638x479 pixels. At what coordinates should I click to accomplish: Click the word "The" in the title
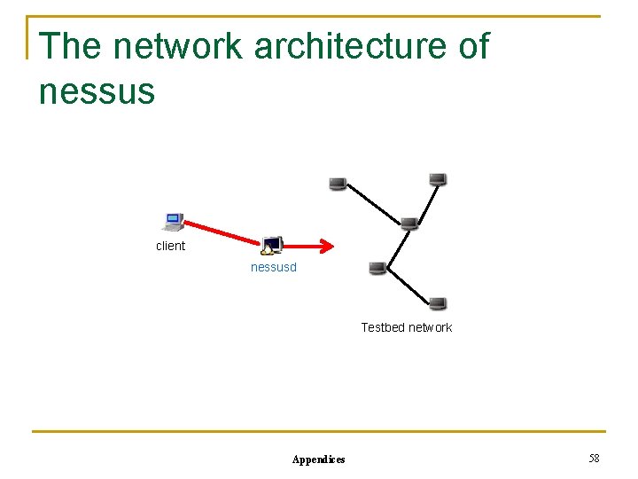click(x=69, y=46)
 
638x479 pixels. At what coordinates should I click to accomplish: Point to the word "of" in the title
click(x=473, y=46)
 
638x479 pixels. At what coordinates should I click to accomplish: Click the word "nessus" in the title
click(x=97, y=90)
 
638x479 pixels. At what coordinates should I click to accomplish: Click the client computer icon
click(x=174, y=221)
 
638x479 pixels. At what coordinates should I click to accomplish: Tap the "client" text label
click(x=170, y=246)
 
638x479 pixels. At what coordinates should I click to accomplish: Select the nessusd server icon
click(x=272, y=245)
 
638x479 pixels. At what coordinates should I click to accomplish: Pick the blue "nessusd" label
click(x=274, y=266)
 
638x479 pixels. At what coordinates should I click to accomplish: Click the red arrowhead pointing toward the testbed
click(x=327, y=247)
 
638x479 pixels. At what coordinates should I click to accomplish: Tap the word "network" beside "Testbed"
click(x=432, y=327)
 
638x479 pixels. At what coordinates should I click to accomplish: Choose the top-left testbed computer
click(x=337, y=184)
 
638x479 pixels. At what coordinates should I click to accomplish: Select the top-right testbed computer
click(x=437, y=179)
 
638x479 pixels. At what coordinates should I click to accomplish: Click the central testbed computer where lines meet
click(x=409, y=223)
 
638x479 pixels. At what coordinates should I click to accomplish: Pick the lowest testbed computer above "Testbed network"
click(x=438, y=303)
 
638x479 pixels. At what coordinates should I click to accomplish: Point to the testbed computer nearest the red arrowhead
click(x=377, y=268)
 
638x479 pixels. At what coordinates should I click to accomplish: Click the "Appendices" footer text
click(x=319, y=459)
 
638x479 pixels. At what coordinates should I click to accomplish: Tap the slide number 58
click(x=594, y=458)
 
